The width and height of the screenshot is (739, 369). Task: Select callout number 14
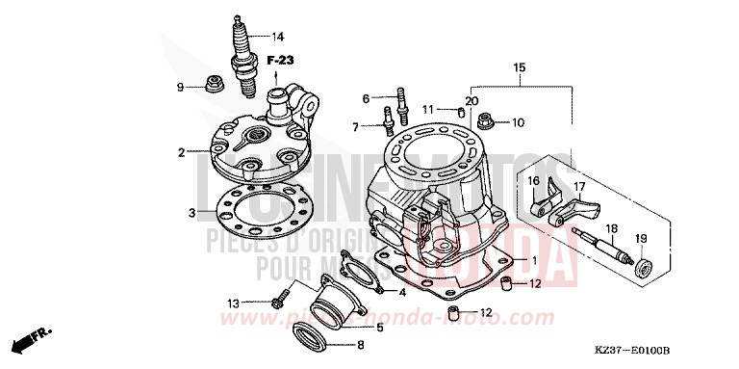coord(278,38)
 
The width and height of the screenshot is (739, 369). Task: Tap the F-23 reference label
coord(280,61)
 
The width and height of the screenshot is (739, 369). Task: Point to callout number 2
coord(181,152)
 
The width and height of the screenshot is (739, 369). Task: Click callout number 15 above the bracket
coord(520,68)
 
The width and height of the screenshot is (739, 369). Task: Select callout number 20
coord(471,101)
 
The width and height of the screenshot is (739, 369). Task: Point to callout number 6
coord(366,98)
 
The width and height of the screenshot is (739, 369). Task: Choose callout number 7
coord(356,127)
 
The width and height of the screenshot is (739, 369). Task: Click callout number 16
coord(559,180)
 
